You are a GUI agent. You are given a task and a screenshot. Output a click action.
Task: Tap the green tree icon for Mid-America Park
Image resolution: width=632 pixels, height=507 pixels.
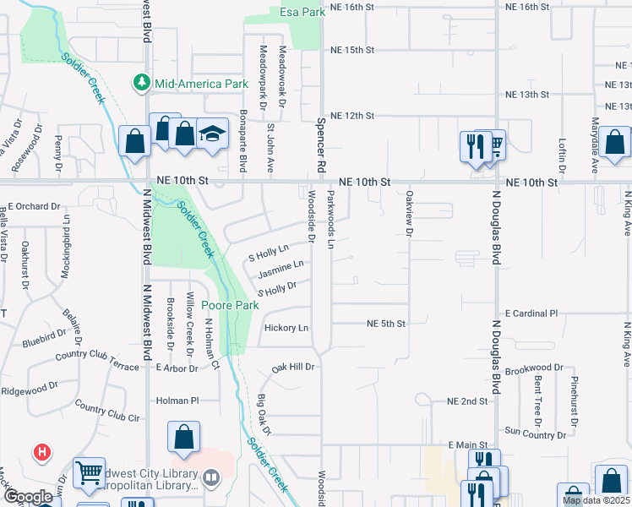141,83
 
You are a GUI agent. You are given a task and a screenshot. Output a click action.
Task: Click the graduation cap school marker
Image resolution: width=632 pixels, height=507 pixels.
212,133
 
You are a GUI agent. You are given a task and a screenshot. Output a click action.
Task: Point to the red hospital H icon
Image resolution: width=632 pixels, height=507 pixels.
41,453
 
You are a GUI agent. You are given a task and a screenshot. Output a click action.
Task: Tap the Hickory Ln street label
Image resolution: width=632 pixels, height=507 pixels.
286,328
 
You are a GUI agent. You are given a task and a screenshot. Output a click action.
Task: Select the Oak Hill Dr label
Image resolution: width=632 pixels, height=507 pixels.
292,368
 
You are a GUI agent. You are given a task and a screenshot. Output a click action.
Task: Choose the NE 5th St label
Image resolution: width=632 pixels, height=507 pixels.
387,324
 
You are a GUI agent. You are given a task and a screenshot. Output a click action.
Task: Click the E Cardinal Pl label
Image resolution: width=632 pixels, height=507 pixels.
531,313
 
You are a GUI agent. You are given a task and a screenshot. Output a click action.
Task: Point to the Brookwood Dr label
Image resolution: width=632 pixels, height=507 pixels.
534,368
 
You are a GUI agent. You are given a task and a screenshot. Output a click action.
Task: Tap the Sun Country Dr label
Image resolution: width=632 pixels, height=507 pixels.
535,434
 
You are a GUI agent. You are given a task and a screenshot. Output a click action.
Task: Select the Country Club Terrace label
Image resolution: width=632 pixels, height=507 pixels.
96,356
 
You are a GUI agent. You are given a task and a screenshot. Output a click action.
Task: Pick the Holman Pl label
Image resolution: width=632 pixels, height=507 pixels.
177,400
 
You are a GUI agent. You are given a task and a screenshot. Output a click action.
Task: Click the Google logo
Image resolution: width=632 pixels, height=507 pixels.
28,497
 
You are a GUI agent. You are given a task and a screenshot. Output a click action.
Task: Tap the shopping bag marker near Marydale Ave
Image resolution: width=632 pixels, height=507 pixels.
616,144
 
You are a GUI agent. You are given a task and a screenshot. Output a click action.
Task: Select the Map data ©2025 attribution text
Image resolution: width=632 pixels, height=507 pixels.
596,500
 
